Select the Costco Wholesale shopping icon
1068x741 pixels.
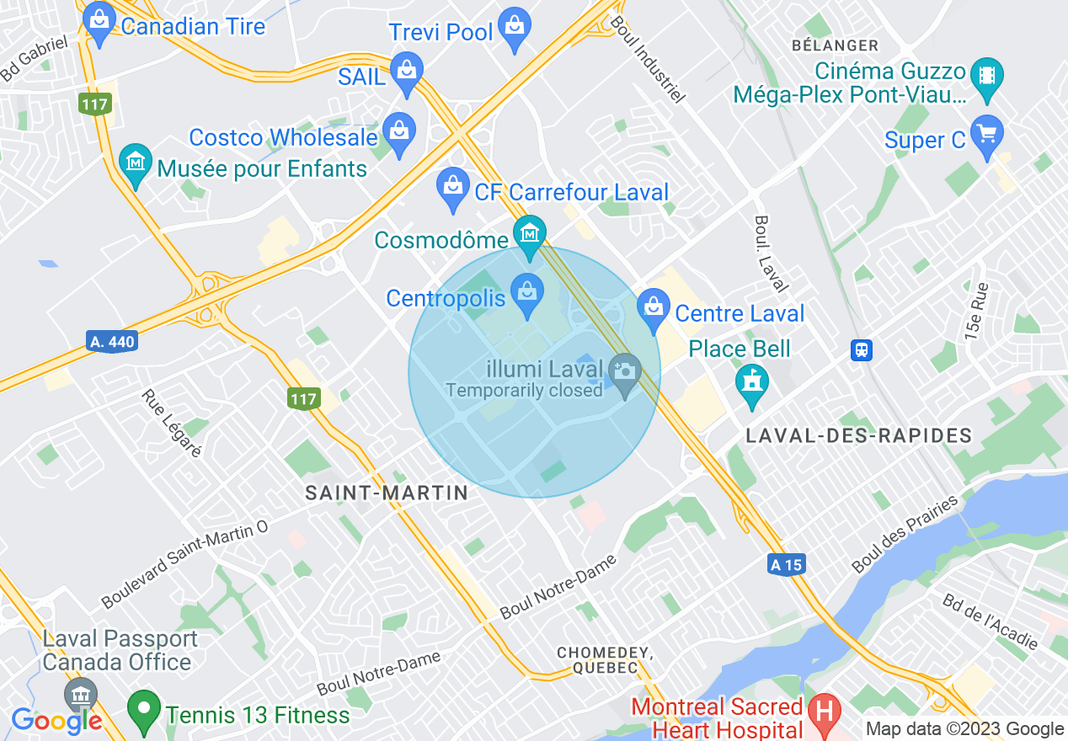pos(398,131)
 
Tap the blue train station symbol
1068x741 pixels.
pos(861,349)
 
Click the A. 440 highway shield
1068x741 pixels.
pos(111,342)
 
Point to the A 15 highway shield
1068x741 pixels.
pos(786,565)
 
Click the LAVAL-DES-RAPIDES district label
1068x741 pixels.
pos(859,436)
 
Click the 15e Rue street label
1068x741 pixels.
pos(977,310)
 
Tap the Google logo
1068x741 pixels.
pos(56,720)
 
